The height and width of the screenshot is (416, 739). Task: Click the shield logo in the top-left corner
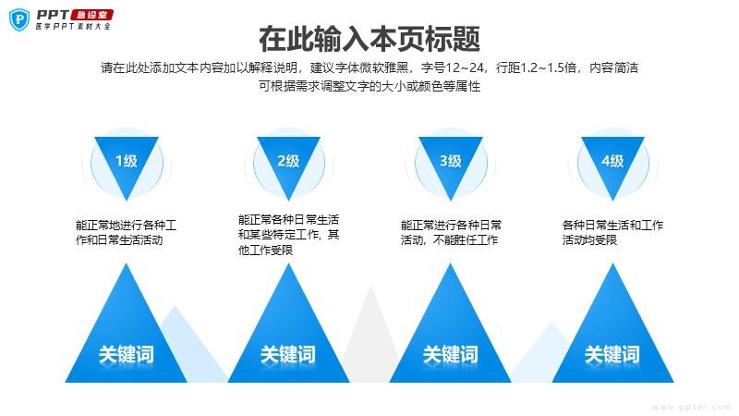pos(18,19)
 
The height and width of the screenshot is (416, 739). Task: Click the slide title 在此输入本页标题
pos(369,40)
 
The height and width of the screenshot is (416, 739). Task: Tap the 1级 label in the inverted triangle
pos(127,161)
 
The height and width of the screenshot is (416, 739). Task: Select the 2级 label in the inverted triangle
pos(288,161)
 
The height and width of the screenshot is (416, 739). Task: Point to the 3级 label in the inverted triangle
pos(451,161)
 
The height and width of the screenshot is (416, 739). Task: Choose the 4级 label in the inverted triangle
pos(612,161)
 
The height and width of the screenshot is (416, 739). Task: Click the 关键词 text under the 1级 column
pos(127,354)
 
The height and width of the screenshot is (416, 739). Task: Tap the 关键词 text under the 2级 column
pos(288,354)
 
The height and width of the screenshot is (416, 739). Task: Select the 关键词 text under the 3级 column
pos(451,354)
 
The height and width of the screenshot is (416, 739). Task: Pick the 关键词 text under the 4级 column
pos(612,354)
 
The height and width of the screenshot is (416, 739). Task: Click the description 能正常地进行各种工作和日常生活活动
pos(127,232)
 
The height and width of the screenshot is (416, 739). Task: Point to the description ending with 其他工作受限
pos(288,235)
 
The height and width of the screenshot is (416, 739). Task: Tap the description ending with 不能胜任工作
pos(451,232)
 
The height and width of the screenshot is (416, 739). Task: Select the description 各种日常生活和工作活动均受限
pos(612,232)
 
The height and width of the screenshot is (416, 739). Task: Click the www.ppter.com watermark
pos(692,406)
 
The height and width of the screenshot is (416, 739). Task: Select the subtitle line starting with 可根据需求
pos(369,86)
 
